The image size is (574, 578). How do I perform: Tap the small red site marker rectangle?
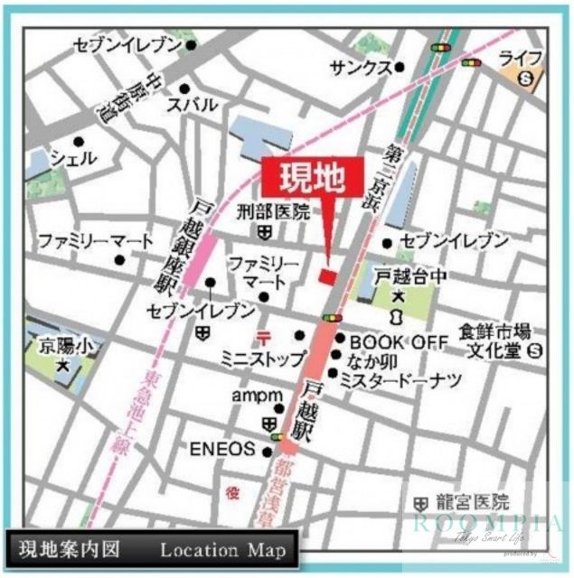[x=327, y=275]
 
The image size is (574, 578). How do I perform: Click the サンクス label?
[x=361, y=68]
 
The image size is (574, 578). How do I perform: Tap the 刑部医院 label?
[x=273, y=213]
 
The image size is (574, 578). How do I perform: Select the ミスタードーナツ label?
[x=400, y=380]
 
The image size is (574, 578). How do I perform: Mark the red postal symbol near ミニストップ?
[x=263, y=336]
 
